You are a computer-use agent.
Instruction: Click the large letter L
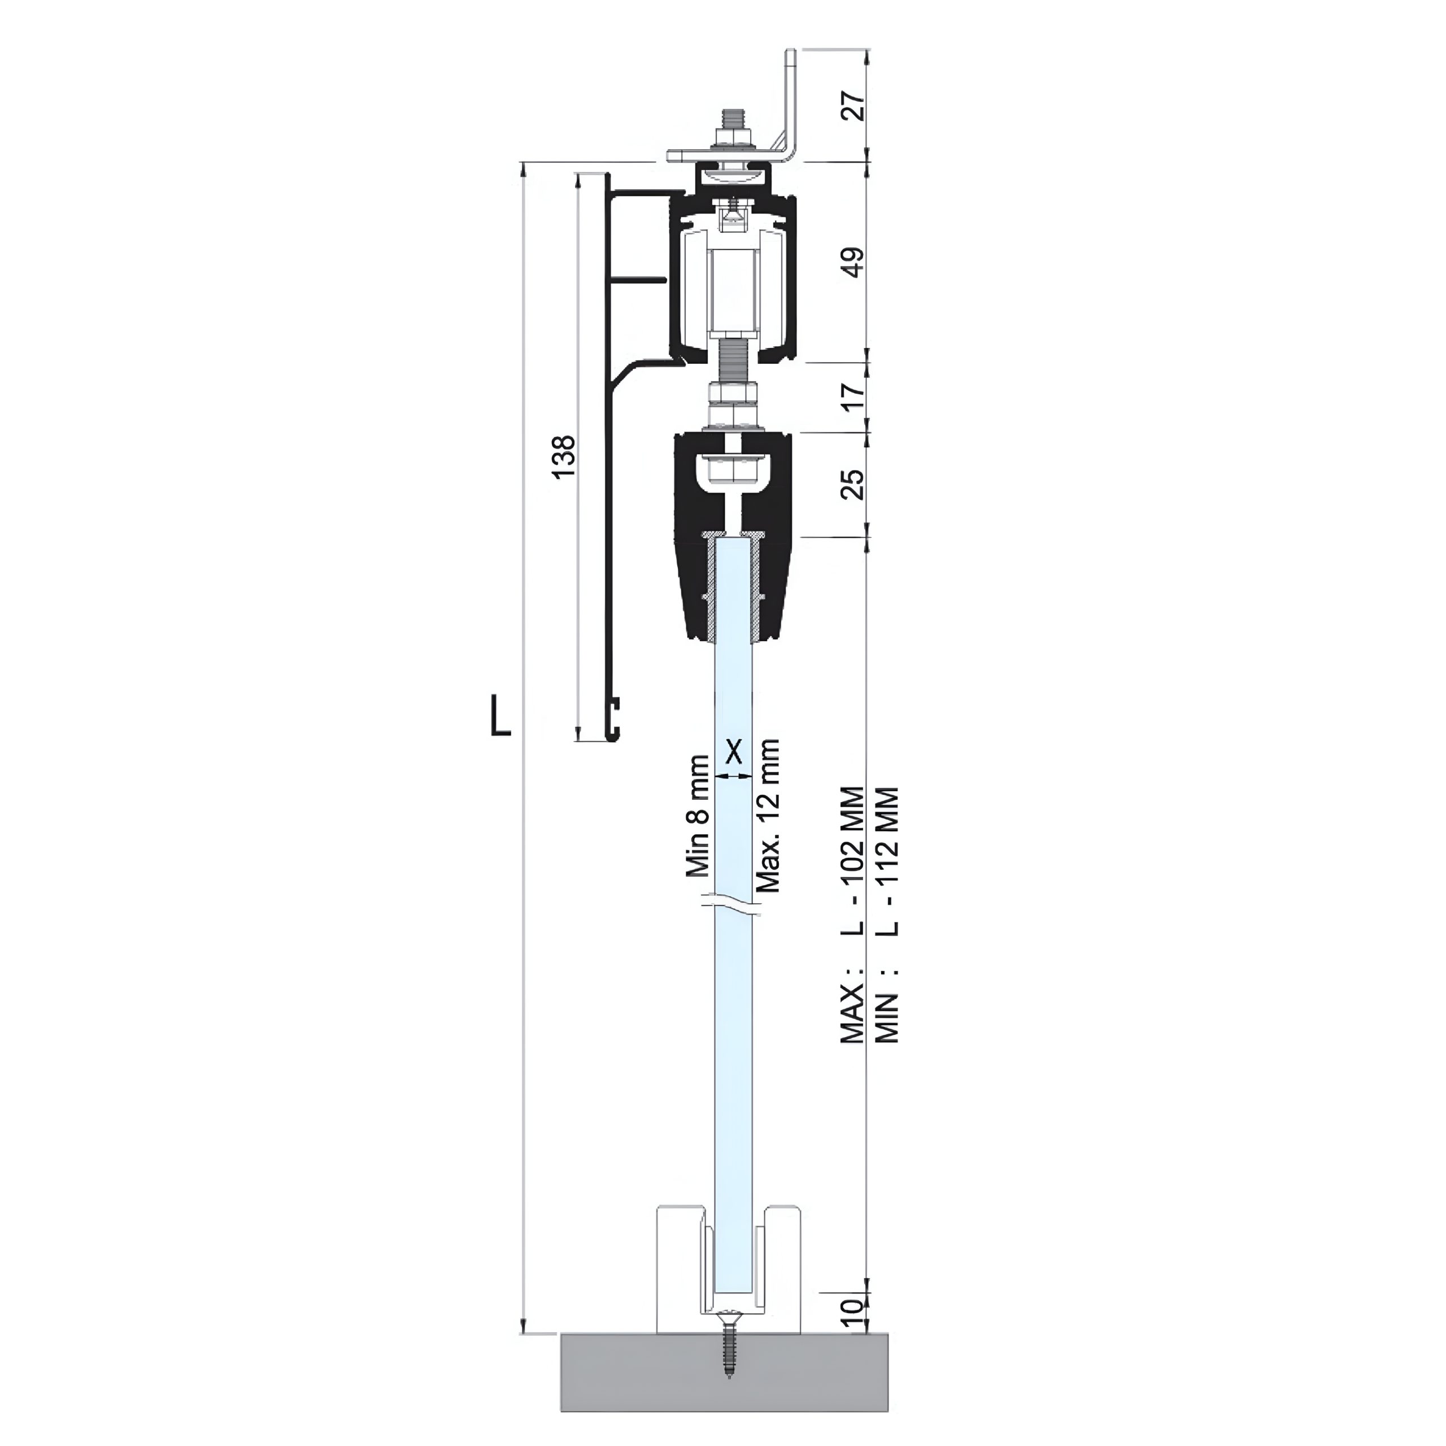pyautogui.click(x=500, y=715)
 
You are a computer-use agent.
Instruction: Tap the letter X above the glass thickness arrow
pyautogui.click(x=734, y=751)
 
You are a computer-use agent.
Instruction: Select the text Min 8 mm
pyautogui.click(x=698, y=816)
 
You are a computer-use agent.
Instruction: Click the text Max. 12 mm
pyautogui.click(x=769, y=816)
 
